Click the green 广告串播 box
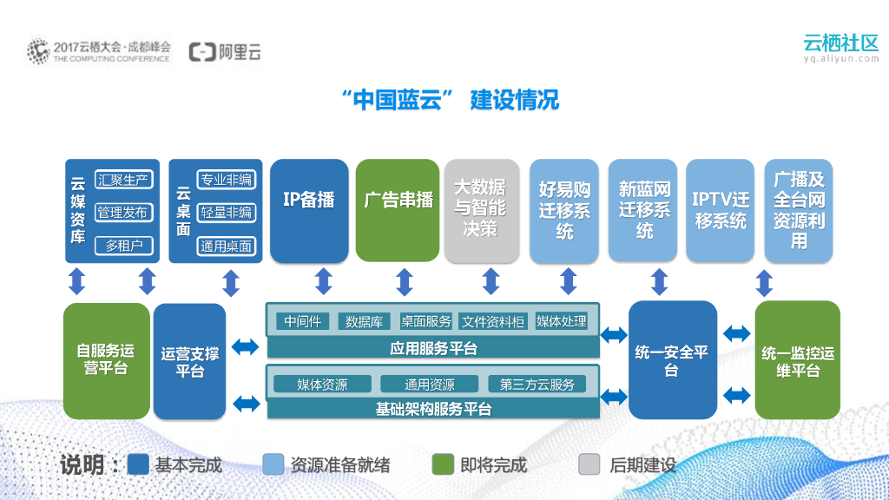click(x=398, y=210)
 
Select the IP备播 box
click(x=309, y=210)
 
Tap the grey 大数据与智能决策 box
click(x=479, y=210)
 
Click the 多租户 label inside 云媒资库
click(x=123, y=246)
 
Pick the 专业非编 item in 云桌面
click(x=226, y=180)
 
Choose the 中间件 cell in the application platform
click(x=302, y=321)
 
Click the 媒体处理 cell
click(x=562, y=321)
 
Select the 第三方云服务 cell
click(x=537, y=385)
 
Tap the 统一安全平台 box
click(x=672, y=360)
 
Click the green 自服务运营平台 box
click(x=106, y=360)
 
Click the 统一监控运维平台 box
click(x=798, y=360)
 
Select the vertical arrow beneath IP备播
click(x=324, y=281)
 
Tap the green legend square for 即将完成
click(x=443, y=464)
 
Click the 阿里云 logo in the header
click(x=226, y=52)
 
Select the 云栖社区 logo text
click(x=841, y=43)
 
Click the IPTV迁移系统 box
click(x=721, y=210)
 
